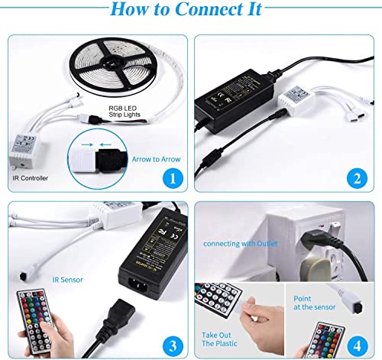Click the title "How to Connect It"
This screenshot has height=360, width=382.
click(x=190, y=11)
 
